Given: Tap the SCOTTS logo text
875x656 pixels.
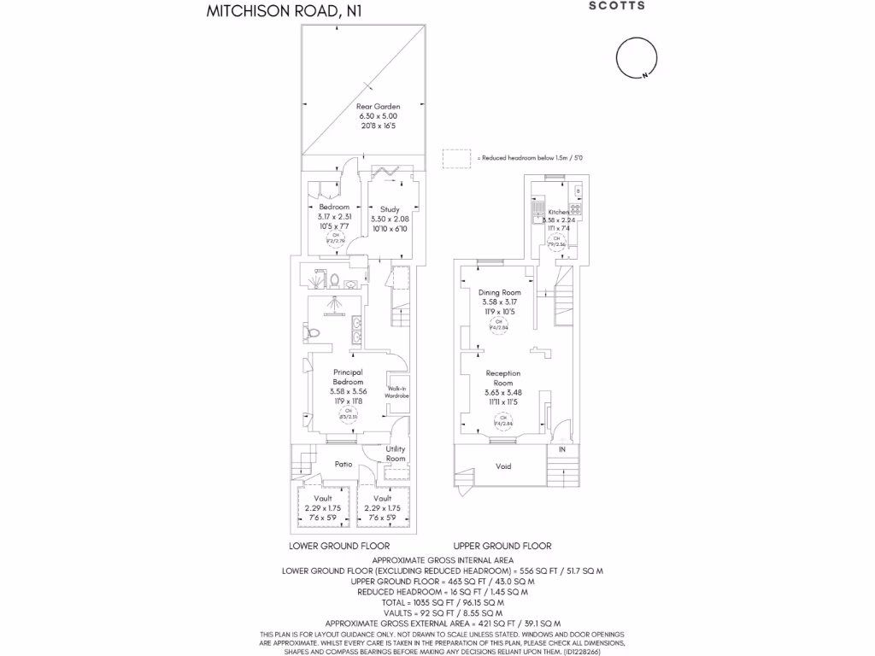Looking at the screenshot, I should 617,5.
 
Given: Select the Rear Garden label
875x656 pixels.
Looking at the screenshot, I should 378,107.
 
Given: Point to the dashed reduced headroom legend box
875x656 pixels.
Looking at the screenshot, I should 456,158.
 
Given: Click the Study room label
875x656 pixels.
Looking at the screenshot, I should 390,209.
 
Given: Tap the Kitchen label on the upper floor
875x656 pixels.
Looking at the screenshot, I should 558,212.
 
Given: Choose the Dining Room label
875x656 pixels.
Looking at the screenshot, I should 499,292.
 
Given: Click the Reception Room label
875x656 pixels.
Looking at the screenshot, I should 502,378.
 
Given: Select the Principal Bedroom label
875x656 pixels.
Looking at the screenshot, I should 348,377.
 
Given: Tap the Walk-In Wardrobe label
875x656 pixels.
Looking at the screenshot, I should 398,392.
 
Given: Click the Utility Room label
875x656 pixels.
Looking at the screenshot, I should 395,454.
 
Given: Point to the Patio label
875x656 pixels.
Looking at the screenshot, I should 344,465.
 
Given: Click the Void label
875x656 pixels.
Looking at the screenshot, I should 503,466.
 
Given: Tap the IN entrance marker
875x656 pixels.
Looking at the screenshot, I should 561,449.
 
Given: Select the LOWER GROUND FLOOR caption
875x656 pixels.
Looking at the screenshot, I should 339,546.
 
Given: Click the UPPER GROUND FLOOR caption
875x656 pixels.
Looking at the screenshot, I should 502,546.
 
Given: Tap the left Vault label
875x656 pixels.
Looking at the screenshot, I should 323,498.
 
